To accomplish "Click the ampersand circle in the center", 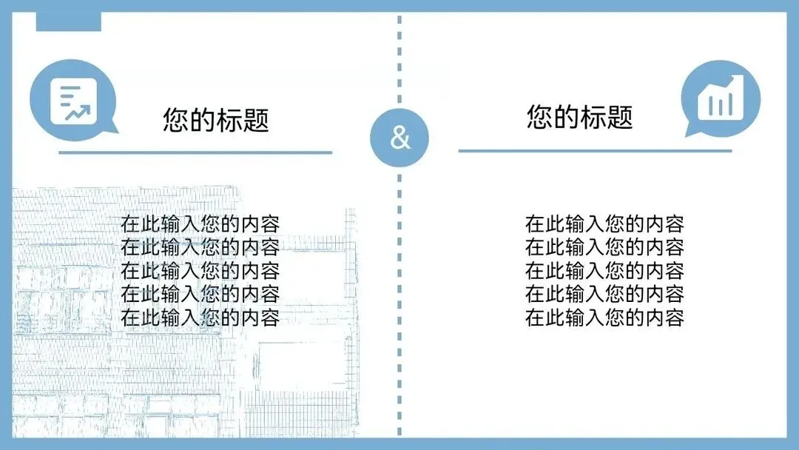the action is (399, 138).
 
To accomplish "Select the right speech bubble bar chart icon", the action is (721, 99).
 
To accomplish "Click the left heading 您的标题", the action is (215, 120).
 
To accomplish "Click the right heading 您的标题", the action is (580, 117).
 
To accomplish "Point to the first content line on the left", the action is (200, 224).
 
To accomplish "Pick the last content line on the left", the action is (200, 318).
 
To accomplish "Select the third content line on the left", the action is (200, 271).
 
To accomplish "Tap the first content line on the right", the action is (604, 224).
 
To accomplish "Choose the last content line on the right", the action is (604, 318).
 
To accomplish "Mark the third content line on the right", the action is (604, 271).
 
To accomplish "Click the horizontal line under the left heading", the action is (195, 153).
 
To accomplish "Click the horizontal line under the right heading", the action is (595, 151).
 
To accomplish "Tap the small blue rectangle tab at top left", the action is (68, 22).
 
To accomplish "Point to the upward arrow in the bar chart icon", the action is (732, 81).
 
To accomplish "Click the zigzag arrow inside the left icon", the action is (77, 113).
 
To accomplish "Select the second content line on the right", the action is (604, 247).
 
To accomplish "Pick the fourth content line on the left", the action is (200, 295).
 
